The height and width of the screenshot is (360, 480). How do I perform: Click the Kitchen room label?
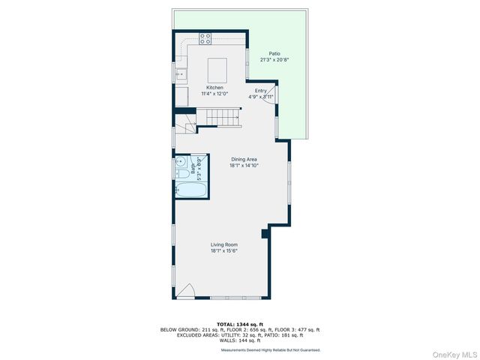pyautogui.click(x=214, y=88)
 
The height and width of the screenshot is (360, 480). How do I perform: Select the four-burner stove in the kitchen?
pyautogui.click(x=206, y=39)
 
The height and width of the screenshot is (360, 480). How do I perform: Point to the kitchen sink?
pyautogui.click(x=180, y=73)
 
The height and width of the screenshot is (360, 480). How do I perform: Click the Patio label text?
pyautogui.click(x=275, y=55)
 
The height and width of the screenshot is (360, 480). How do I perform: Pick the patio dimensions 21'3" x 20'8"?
pyautogui.click(x=275, y=61)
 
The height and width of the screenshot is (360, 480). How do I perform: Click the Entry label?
pyautogui.click(x=260, y=91)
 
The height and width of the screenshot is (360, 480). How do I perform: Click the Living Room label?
pyautogui.click(x=224, y=244)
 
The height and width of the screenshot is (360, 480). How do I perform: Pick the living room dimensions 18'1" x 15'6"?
pyautogui.click(x=224, y=250)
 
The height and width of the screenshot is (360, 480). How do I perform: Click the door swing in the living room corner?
pyautogui.click(x=187, y=292)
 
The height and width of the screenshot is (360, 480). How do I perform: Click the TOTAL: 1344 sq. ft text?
pyautogui.click(x=239, y=323)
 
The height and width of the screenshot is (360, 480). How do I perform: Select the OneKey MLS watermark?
pyautogui.click(x=453, y=352)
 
